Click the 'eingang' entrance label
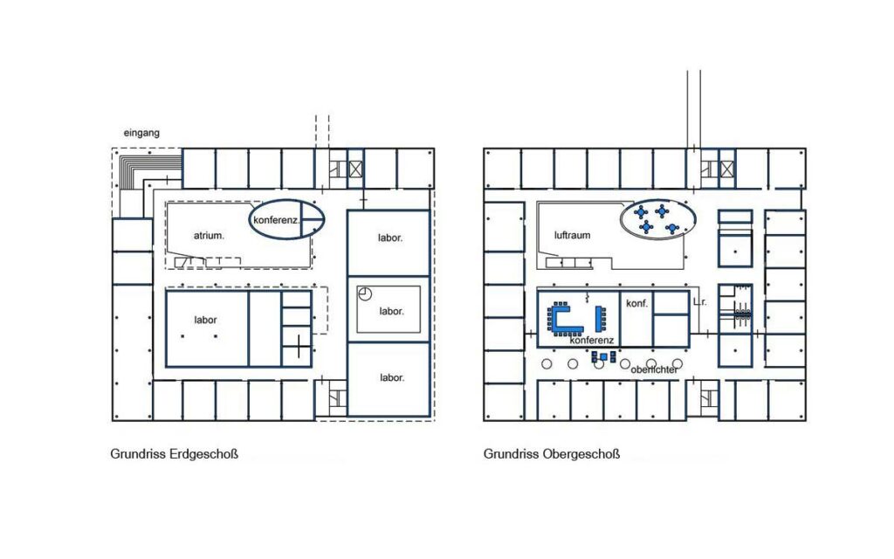[x=141, y=133]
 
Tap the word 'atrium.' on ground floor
[x=209, y=235]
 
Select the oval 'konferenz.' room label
[x=276, y=220]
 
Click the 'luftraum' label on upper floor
[x=572, y=235]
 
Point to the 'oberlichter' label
[x=655, y=369]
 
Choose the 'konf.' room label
[x=636, y=303]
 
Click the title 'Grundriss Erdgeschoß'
[x=174, y=454]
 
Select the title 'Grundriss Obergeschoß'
[x=552, y=454]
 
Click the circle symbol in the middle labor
[x=365, y=293]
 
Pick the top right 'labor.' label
[x=390, y=238]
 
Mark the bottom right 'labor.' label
[x=392, y=377]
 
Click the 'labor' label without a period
[x=205, y=320]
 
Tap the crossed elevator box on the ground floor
[x=356, y=169]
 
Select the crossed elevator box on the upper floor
[x=727, y=169]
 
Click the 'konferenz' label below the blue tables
[x=592, y=341]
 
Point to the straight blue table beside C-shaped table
[x=599, y=319]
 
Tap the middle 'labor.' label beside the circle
[x=391, y=311]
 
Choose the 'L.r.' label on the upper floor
[x=699, y=302]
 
